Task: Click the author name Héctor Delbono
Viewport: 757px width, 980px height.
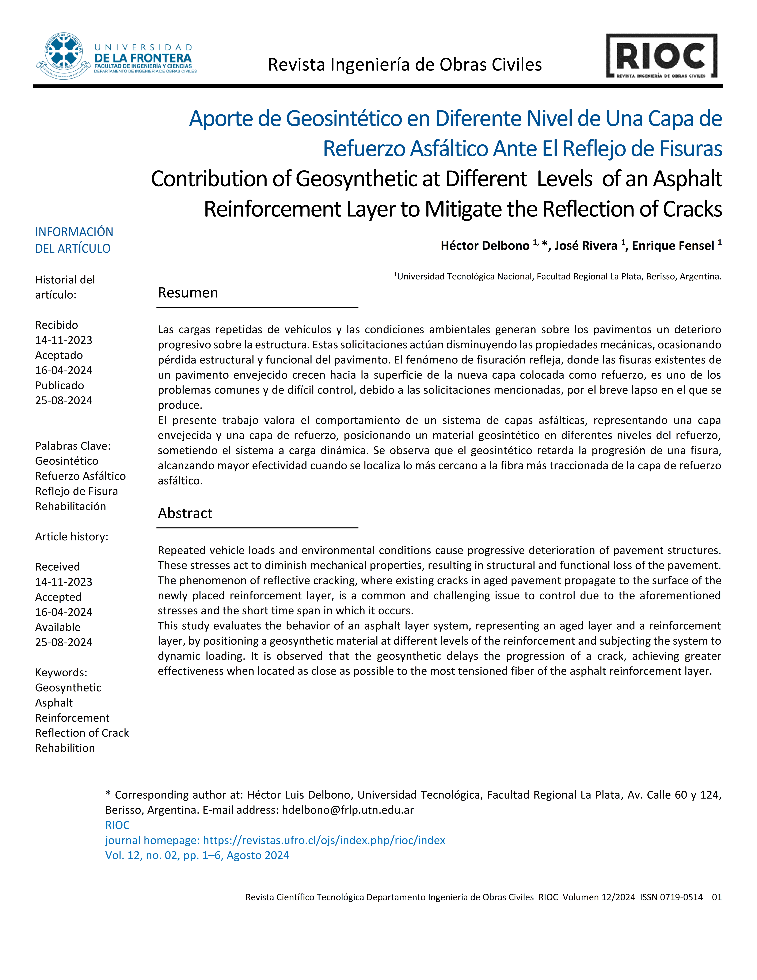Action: [485, 246]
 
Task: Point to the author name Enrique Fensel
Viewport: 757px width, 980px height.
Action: [673, 246]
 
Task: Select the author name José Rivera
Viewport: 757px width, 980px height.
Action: [586, 246]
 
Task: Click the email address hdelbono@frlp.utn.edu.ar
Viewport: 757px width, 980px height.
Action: [348, 810]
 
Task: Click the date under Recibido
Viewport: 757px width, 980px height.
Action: [64, 340]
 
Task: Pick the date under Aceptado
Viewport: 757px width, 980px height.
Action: [64, 370]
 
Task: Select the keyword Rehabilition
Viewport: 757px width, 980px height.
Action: [65, 748]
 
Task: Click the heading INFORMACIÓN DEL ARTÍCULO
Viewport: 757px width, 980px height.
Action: [74, 240]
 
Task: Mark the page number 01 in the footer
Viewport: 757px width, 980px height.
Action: [717, 897]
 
